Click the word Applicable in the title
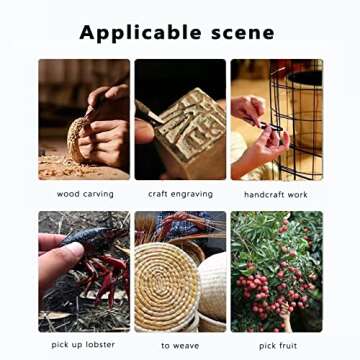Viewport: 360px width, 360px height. (x=140, y=33)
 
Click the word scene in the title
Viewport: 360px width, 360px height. (x=243, y=33)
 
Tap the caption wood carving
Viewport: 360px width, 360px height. (x=85, y=194)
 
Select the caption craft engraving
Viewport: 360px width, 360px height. (x=180, y=194)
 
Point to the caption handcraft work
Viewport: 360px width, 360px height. (x=276, y=194)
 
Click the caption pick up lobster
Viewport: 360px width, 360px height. (x=83, y=345)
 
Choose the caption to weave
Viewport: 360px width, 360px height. (x=180, y=346)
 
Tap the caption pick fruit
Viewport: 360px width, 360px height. (x=278, y=346)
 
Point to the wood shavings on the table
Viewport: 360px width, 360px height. (x=67, y=168)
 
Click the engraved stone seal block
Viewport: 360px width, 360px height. (x=191, y=133)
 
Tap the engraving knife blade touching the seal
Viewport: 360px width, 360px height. (x=154, y=117)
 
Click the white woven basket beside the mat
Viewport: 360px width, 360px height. (x=212, y=287)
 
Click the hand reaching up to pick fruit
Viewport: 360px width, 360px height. (x=286, y=317)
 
